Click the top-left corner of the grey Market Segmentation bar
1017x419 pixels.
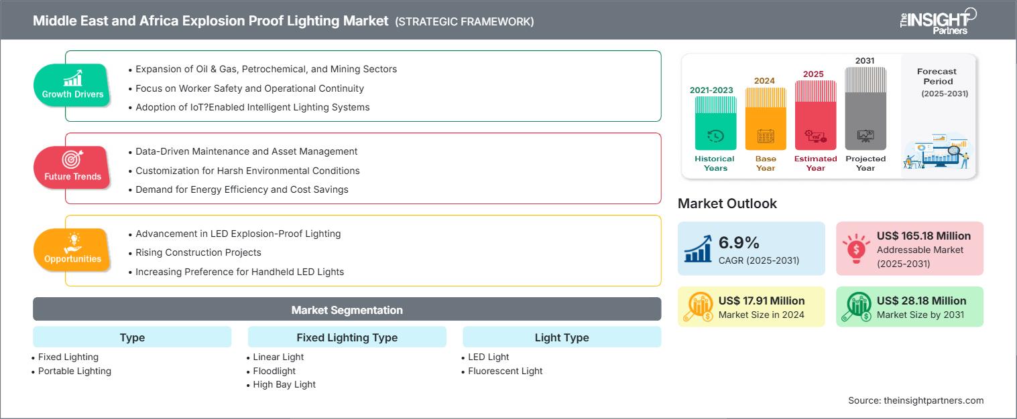pos(33,297)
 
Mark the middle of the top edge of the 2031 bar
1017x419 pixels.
pos(865,67)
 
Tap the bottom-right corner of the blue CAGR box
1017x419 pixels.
pos(825,275)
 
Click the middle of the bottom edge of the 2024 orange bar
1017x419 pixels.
pos(766,150)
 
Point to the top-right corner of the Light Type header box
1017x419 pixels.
pos(661,327)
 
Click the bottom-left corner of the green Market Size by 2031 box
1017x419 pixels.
pos(836,327)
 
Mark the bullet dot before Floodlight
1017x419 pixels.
pos(248,372)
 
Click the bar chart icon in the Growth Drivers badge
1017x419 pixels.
pos(72,78)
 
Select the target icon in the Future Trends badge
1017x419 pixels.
pos(72,159)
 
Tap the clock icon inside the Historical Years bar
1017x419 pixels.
pos(715,136)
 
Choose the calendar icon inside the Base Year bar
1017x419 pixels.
pos(766,136)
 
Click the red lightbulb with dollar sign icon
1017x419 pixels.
pos(856,248)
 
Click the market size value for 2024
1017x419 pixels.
pos(762,301)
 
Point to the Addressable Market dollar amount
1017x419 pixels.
pos(923,236)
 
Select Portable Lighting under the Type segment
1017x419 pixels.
pos(74,371)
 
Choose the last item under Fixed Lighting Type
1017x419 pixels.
pos(284,385)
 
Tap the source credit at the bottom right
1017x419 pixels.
pos(916,400)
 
